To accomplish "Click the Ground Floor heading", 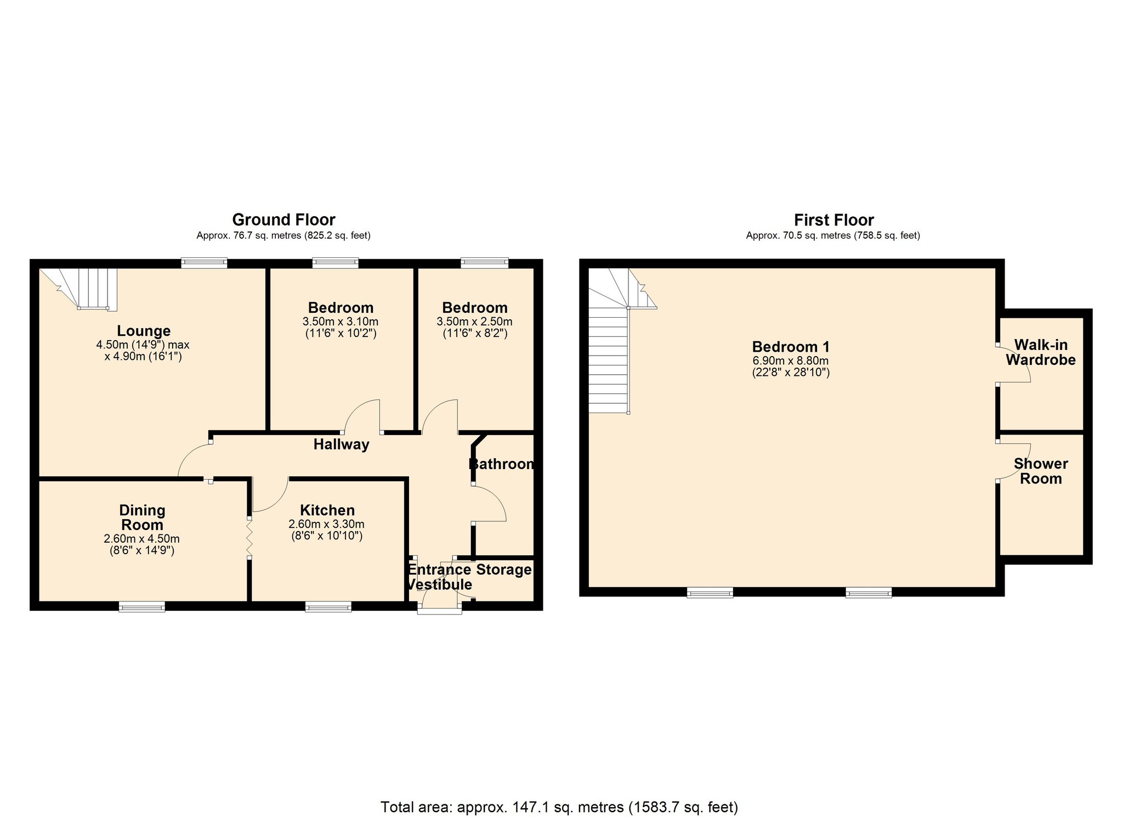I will click(x=283, y=220).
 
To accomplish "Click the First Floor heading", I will click(x=833, y=220).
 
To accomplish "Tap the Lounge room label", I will click(x=144, y=331).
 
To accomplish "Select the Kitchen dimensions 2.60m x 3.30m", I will click(x=327, y=524).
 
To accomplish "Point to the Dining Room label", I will click(x=142, y=517).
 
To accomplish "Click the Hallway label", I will click(x=341, y=444).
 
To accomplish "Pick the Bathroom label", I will click(x=502, y=464).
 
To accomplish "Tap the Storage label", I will click(x=504, y=570).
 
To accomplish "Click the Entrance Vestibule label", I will click(x=440, y=577).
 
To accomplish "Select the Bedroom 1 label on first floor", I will click(x=790, y=347).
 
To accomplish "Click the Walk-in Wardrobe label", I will click(x=1041, y=352).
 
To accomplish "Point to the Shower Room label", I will click(x=1041, y=471).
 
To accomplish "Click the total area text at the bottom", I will click(x=559, y=807).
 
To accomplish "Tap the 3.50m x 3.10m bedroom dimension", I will click(x=341, y=322).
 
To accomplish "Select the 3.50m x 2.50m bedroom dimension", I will click(x=475, y=322).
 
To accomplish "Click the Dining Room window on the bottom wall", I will click(x=142, y=606).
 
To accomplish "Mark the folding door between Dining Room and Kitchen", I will click(x=249, y=537).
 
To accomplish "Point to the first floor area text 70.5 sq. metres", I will click(x=833, y=236).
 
